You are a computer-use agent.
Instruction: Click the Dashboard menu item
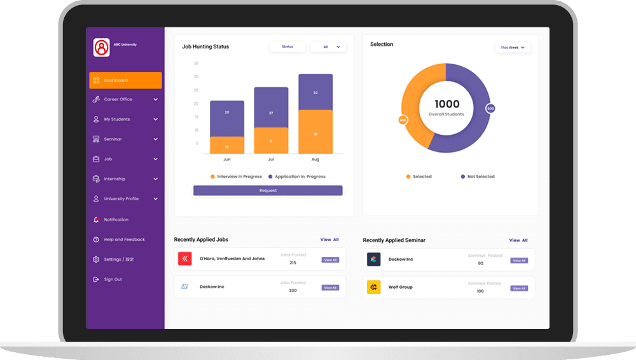pyautogui.click(x=125, y=80)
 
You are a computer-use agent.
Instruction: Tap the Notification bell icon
pyautogui.click(x=96, y=219)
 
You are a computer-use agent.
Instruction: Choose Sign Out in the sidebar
pyautogui.click(x=113, y=279)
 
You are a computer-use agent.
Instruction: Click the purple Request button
pyautogui.click(x=268, y=190)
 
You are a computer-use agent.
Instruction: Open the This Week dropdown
pyautogui.click(x=513, y=48)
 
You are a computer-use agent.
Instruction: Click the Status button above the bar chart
pyautogui.click(x=287, y=47)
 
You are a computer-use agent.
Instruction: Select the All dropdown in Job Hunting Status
pyautogui.click(x=328, y=47)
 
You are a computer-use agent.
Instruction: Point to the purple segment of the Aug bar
pyautogui.click(x=315, y=92)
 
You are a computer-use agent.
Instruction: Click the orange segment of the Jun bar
pyautogui.click(x=227, y=146)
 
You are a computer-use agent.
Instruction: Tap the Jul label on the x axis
pyautogui.click(x=271, y=160)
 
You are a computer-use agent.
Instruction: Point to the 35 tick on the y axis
pyautogui.click(x=196, y=63)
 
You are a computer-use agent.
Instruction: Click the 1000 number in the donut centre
pyautogui.click(x=446, y=104)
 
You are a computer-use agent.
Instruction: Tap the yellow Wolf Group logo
pyautogui.click(x=373, y=287)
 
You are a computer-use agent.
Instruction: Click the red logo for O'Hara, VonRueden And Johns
pyautogui.click(x=185, y=258)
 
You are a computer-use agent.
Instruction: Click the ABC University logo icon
pyautogui.click(x=102, y=48)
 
